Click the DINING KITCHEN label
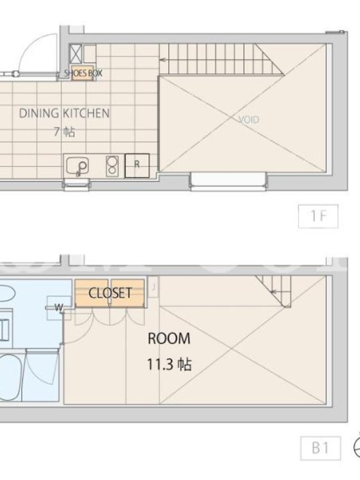pos(64,113)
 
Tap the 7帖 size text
pos(64,132)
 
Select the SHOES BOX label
pos(83,73)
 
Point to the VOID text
pos(248,119)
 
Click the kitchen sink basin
pos(77,166)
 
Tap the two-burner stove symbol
pos(112,166)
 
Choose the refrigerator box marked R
pos(137,166)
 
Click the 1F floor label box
pos(319,217)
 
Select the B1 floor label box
pos(320,448)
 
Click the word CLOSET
pos(110,293)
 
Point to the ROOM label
pos(169,338)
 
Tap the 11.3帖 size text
pos(169,364)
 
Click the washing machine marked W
pos(58,307)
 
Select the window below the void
pos(229,181)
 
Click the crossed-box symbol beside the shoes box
pos(75,53)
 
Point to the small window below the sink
pos(77,184)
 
